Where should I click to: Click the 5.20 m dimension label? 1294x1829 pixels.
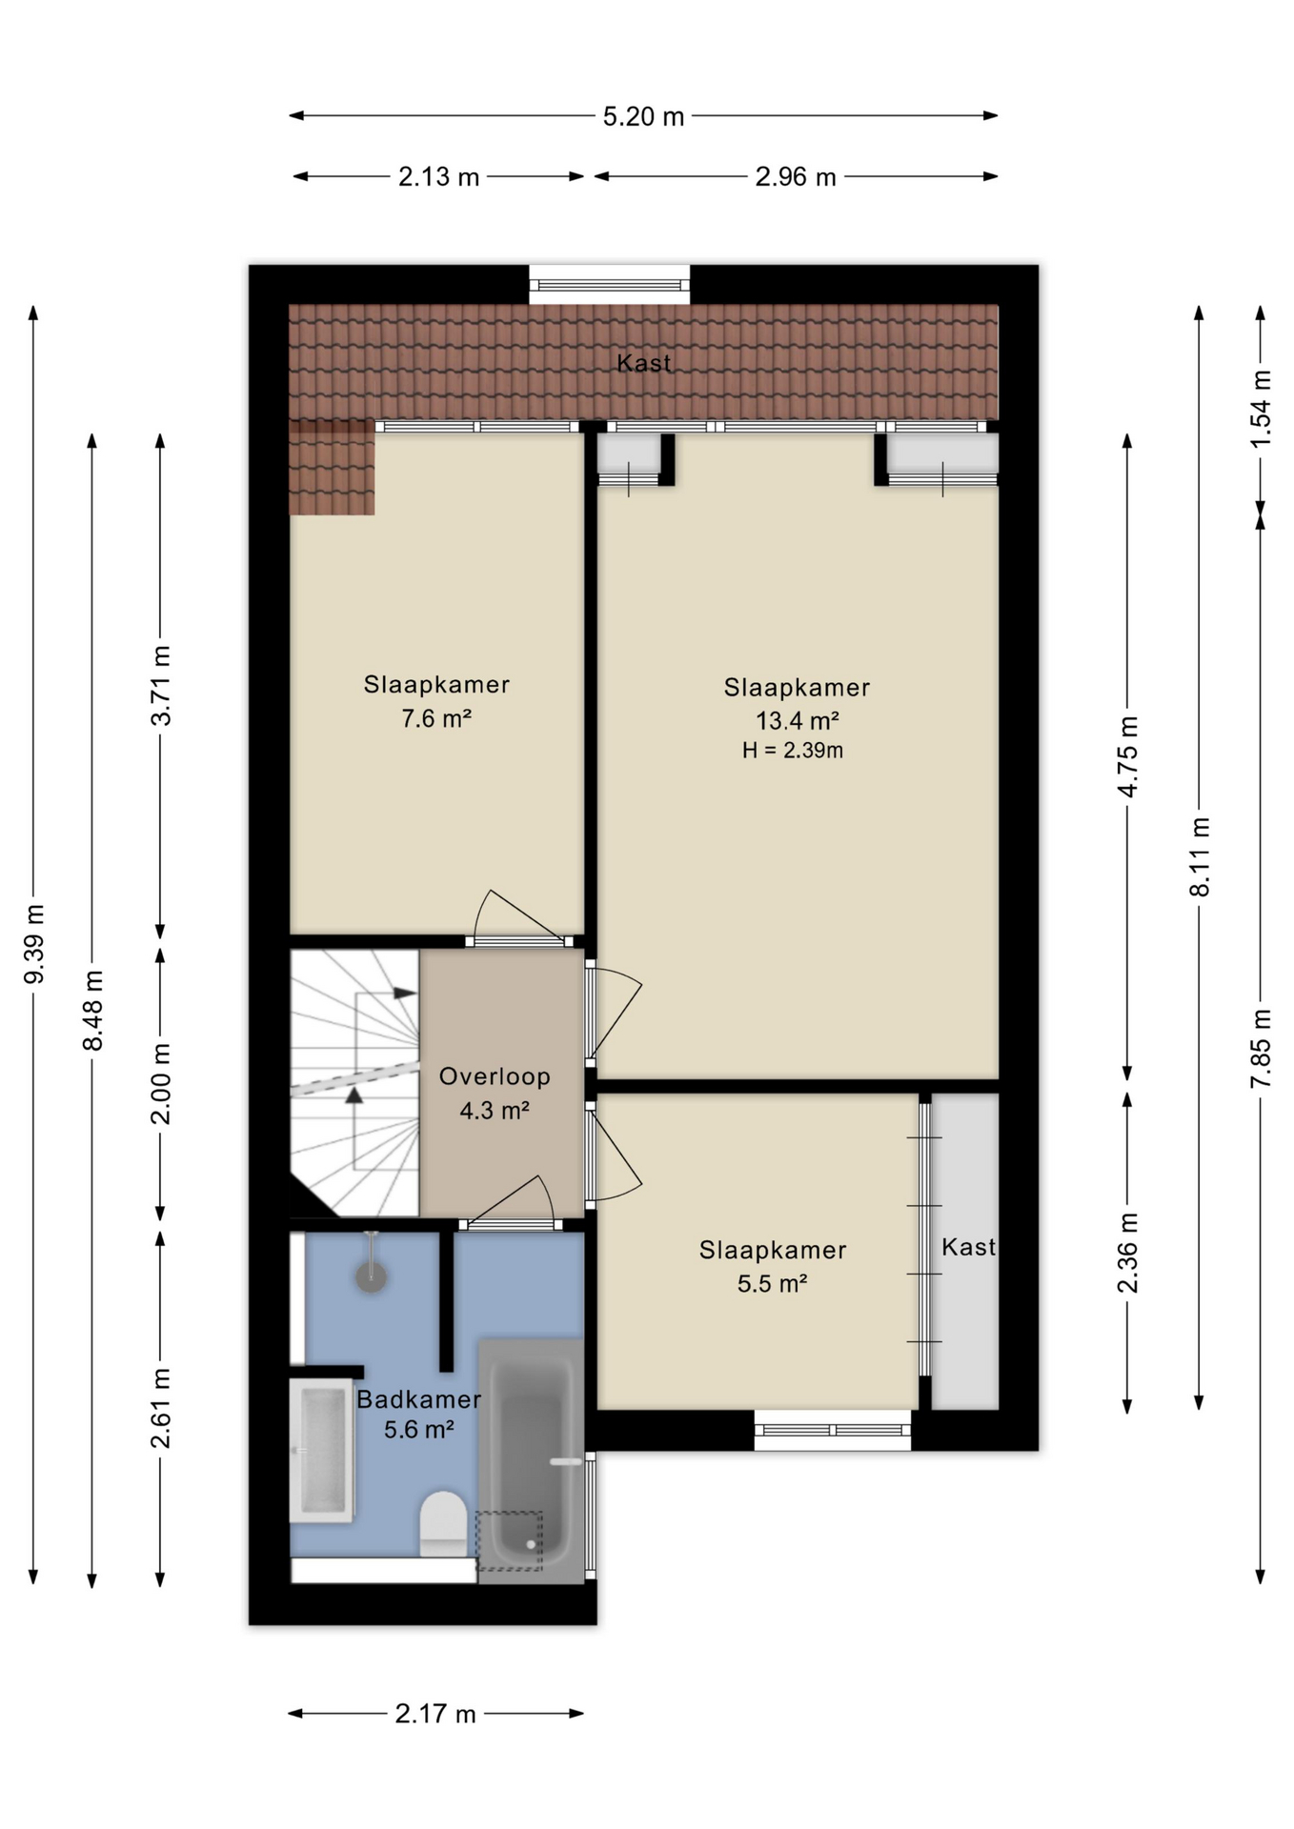coord(643,116)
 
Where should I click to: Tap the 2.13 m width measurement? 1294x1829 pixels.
coord(438,177)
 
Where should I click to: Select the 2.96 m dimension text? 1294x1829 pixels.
coord(796,177)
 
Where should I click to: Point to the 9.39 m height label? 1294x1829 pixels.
coord(34,944)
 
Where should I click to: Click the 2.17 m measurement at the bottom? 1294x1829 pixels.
coord(435,1714)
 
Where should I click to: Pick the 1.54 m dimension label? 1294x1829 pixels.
coord(1261,409)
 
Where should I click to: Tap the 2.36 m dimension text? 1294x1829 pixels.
coord(1127,1253)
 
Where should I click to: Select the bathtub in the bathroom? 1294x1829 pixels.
coord(531,1461)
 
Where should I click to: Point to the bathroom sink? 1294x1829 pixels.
coord(322,1450)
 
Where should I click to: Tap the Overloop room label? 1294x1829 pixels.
coord(495,1076)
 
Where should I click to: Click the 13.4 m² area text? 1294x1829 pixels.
coord(798,720)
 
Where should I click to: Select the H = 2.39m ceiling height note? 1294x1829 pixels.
coord(793,751)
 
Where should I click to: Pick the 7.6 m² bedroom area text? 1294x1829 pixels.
coord(436,718)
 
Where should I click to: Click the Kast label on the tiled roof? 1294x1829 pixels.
coord(644,363)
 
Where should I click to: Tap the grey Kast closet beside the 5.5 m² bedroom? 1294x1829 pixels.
coord(965,1251)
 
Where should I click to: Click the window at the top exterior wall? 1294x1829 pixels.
coord(610,285)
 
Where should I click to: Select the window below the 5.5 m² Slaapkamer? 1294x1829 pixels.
coord(833,1431)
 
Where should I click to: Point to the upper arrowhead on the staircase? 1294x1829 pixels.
coord(405,994)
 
